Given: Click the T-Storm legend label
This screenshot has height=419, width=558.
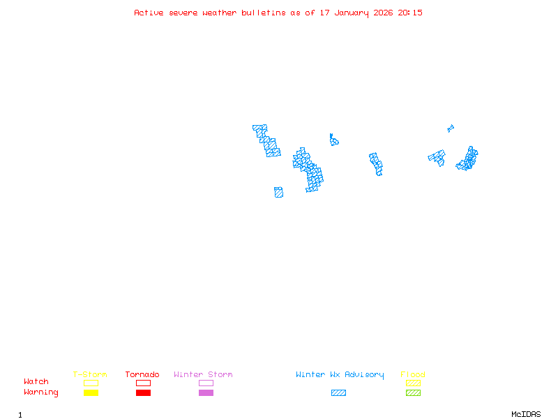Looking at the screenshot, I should click(90, 374).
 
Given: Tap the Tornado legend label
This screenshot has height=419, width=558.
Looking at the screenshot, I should click(142, 374).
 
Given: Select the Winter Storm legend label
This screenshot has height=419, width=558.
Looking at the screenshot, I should click(203, 374).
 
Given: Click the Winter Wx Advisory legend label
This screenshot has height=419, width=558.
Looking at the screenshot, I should click(340, 374).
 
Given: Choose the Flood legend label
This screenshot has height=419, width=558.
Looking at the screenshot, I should click(413, 374).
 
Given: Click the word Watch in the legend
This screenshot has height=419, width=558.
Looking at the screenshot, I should click(36, 382).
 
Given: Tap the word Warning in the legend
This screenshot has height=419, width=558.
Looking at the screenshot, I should click(41, 392).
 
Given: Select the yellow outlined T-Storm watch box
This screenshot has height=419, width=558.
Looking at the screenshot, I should click(91, 383).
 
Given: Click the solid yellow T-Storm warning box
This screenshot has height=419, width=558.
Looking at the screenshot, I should click(91, 393).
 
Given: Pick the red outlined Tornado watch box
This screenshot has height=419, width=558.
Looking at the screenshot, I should click(143, 383).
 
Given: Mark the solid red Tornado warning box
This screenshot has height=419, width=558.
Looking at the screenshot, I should click(143, 393).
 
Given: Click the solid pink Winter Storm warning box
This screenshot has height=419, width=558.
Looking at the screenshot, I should click(206, 393).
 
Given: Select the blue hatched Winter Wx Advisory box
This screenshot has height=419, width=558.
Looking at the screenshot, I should click(338, 393).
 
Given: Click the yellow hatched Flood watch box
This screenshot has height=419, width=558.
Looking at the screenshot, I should click(413, 383).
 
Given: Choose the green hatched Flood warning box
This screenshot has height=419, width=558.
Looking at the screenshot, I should click(413, 393).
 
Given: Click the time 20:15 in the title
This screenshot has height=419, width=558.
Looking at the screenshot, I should click(410, 13).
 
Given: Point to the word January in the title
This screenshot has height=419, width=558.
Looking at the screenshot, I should click(354, 13).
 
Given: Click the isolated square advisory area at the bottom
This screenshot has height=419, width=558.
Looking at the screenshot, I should click(278, 192).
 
